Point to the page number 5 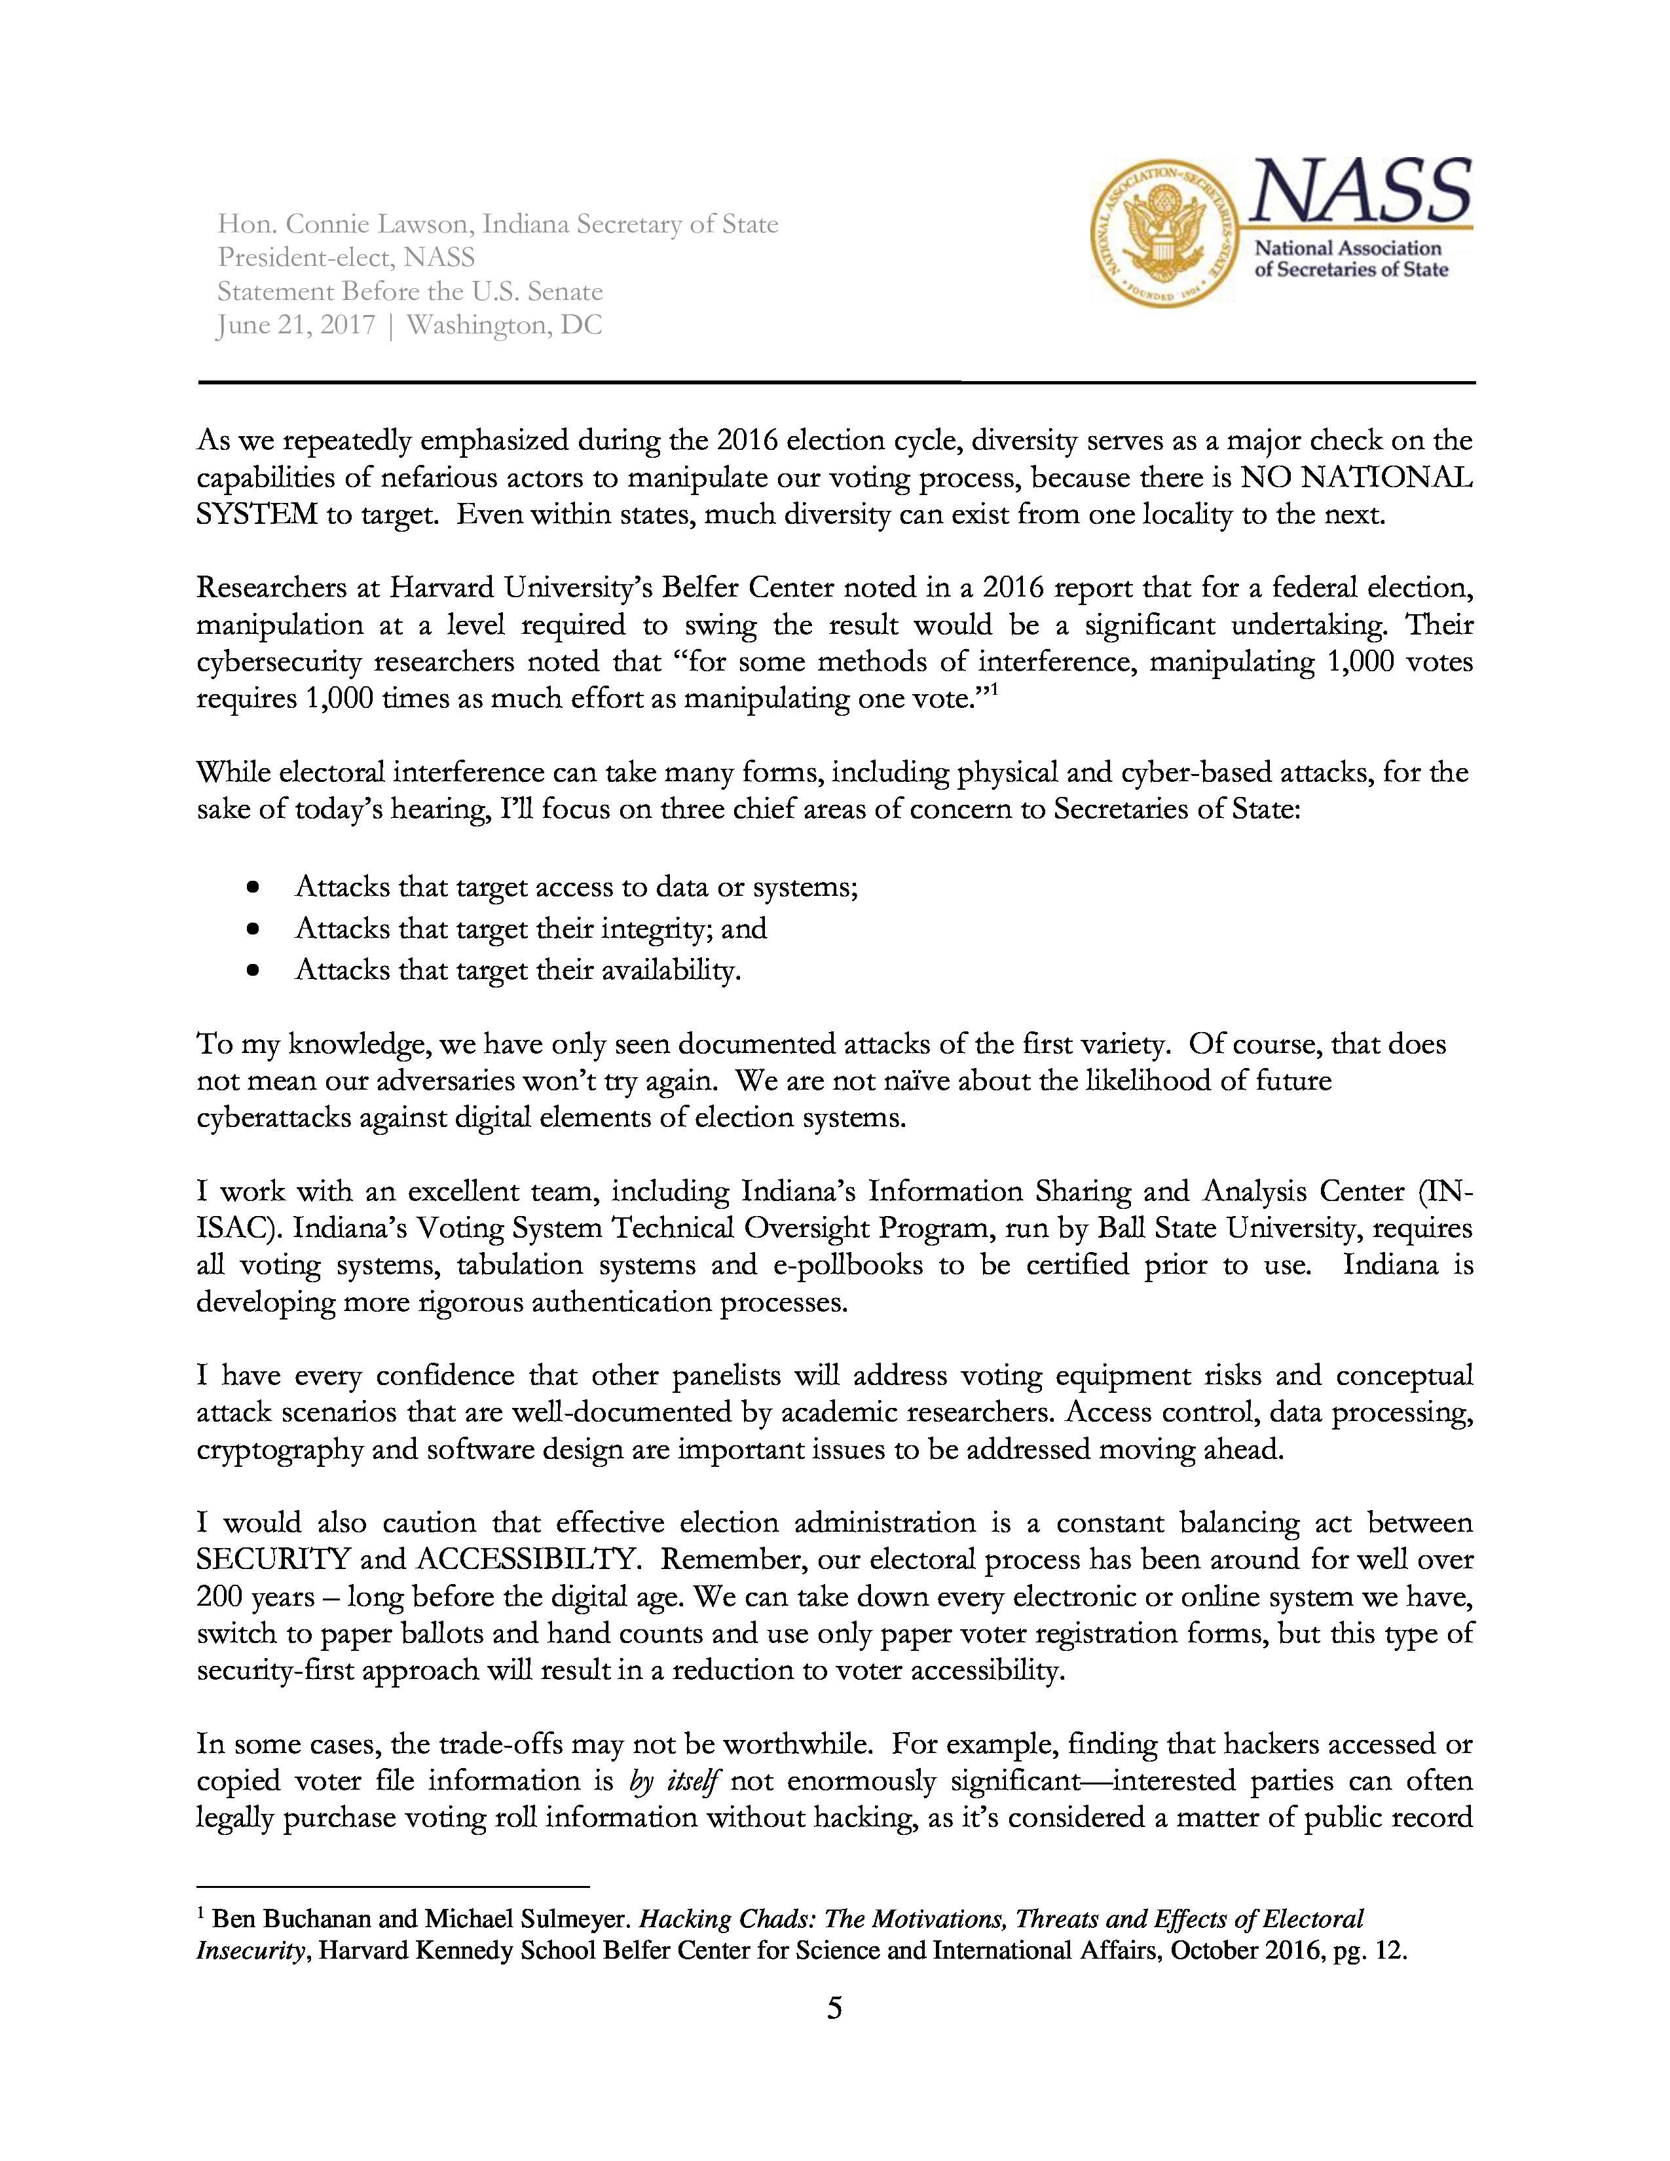point(834,2008)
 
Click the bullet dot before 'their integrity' point(254,929)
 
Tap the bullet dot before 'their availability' point(254,970)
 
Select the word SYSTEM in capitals point(256,515)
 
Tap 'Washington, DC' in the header point(504,325)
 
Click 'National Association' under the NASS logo point(1348,248)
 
